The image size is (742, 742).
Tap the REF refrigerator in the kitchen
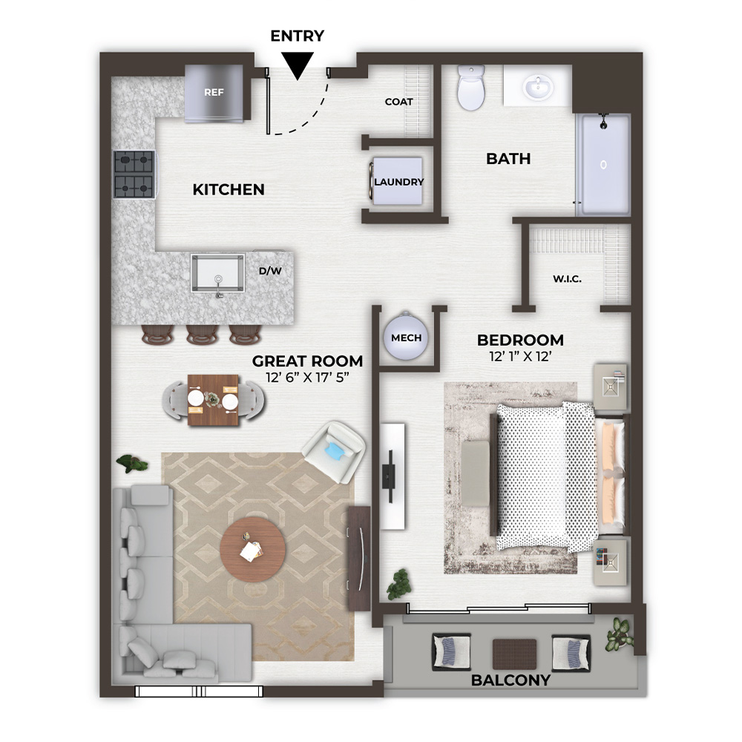point(214,93)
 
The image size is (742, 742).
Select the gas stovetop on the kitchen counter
point(134,174)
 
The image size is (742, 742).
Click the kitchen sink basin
point(217,273)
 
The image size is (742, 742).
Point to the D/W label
point(270,271)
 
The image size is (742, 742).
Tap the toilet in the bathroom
point(471,88)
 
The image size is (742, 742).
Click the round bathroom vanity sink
point(538,87)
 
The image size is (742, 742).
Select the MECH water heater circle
point(406,338)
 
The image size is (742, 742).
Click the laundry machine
point(396,181)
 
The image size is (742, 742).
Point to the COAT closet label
point(399,102)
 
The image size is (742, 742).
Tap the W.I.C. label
point(567,279)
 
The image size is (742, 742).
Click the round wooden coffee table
point(253,549)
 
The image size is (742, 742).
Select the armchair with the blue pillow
point(334,451)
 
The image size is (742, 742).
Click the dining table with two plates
point(214,401)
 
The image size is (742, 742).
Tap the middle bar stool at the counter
point(202,334)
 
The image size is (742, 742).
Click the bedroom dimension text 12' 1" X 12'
point(520,356)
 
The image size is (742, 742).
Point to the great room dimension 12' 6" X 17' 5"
point(308,377)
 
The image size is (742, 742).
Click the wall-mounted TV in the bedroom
point(390,476)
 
